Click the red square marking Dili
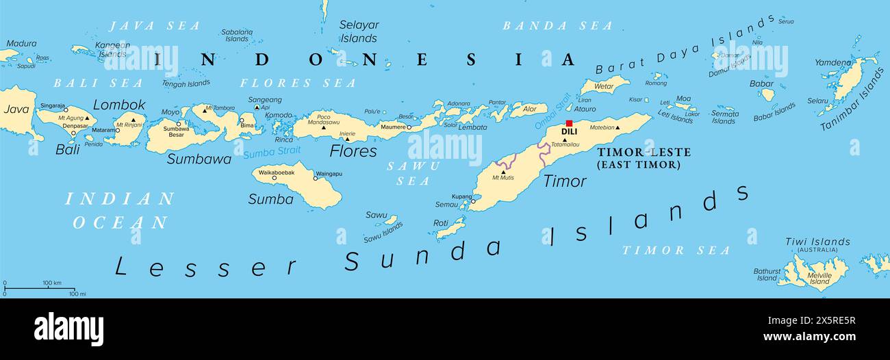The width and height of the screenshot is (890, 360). pyautogui.click(x=569, y=123)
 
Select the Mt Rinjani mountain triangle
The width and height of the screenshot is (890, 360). pyautogui.click(x=133, y=119)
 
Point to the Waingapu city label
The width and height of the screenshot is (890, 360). pyautogui.click(x=329, y=174)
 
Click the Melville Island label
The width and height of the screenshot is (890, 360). pyautogui.click(x=819, y=278)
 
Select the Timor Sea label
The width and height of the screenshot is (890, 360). pyautogui.click(x=676, y=250)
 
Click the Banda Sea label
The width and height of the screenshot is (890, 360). pyautogui.click(x=557, y=26)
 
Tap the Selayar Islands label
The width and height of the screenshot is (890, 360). pyautogui.click(x=359, y=31)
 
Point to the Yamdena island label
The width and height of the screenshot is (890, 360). pyautogui.click(x=832, y=63)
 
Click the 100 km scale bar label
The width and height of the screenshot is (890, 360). pyautogui.click(x=52, y=283)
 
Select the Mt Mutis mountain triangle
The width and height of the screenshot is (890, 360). pyautogui.click(x=503, y=172)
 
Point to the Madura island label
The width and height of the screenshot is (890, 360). pyautogui.click(x=21, y=43)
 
